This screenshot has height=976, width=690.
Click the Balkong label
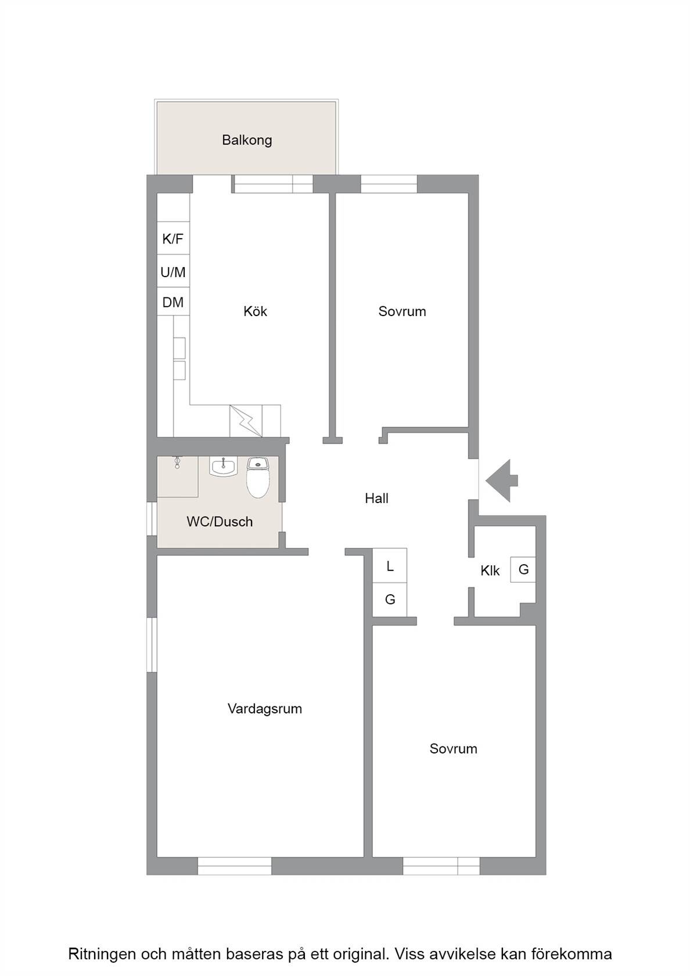coord(247,141)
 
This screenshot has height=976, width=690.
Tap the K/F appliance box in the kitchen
coord(173,238)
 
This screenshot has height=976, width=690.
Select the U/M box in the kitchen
coord(173,271)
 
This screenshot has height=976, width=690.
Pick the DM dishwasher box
coord(173,302)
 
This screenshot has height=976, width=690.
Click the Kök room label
coord(256,311)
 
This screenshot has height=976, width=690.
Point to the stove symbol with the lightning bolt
coord(246,421)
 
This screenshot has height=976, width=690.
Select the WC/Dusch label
coord(220,522)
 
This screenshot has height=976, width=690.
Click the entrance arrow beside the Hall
coord(502,480)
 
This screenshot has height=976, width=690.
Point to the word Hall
coord(377,498)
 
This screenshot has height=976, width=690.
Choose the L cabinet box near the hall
coord(390,566)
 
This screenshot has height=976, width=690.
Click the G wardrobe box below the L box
coord(390,600)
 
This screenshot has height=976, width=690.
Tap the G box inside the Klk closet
coord(523,569)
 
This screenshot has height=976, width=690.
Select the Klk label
coord(490,570)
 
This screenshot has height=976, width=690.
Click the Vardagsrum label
coord(265,709)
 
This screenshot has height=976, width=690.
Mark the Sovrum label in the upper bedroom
coord(402,311)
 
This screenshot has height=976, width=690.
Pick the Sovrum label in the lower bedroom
coord(454,748)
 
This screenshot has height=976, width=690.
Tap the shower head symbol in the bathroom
coord(177,462)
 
